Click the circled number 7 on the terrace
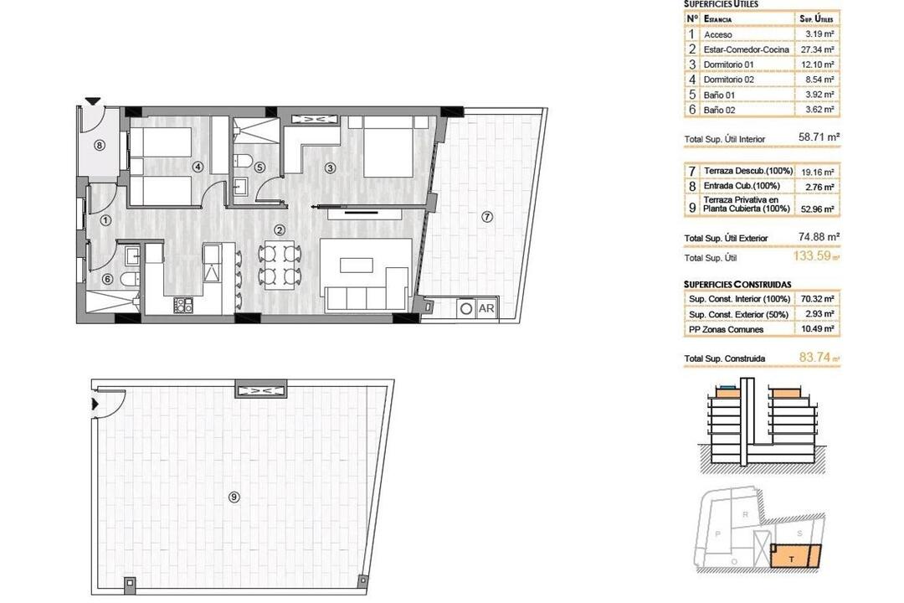(x=487, y=217)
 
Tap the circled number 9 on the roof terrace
(x=234, y=497)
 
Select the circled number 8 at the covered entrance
(x=100, y=146)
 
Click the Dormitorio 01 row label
(x=728, y=64)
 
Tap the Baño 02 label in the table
(x=720, y=110)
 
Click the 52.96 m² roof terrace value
(x=817, y=209)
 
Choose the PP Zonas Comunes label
(x=726, y=329)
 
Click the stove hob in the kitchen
(x=183, y=305)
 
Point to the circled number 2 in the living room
(x=279, y=230)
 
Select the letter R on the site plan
(x=746, y=514)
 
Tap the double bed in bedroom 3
(x=388, y=147)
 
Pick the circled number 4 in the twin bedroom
(x=198, y=167)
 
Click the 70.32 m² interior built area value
(x=818, y=299)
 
